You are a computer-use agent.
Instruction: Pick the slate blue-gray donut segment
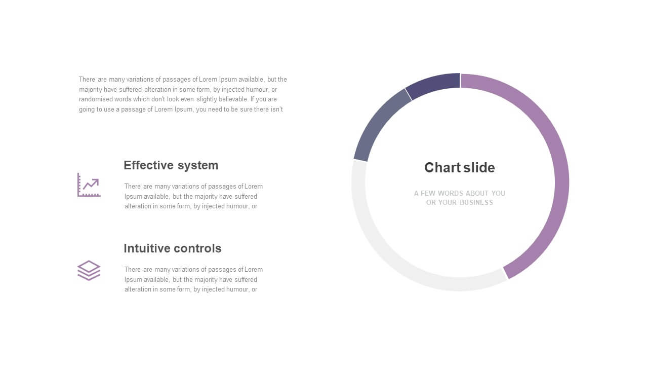[376, 125]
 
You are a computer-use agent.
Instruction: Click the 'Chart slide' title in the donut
[459, 168]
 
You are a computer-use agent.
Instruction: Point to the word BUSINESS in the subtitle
[476, 202]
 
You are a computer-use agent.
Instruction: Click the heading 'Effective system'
[171, 166]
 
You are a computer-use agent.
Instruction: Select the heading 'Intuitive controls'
[173, 248]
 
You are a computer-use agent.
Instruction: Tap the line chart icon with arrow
[89, 185]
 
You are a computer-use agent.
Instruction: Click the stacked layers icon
[89, 271]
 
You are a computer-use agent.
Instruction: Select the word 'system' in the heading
[198, 166]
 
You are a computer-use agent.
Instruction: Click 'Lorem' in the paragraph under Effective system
[254, 186]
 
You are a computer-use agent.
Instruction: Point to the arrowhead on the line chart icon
[96, 181]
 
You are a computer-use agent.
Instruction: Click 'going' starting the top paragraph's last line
[87, 110]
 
